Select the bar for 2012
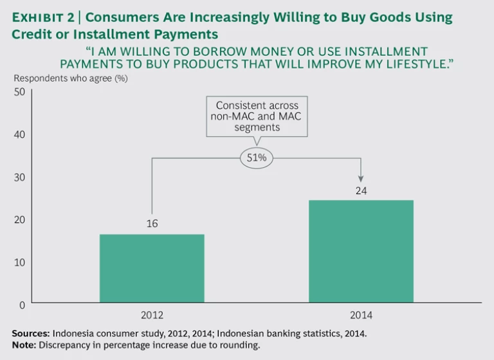(152, 268)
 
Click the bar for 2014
(361, 251)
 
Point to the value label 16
(152, 224)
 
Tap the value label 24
(361, 190)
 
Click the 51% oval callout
(256, 157)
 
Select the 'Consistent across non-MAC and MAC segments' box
(257, 116)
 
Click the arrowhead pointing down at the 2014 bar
(361, 178)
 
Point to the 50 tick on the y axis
(19, 92)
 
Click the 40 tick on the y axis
(19, 134)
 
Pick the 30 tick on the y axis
(19, 177)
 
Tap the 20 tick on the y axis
(19, 219)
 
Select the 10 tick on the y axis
(19, 262)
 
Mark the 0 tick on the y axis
(22, 305)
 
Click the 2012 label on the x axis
(152, 316)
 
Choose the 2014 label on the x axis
(361, 316)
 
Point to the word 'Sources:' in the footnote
(30, 333)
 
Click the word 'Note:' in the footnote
(24, 345)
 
